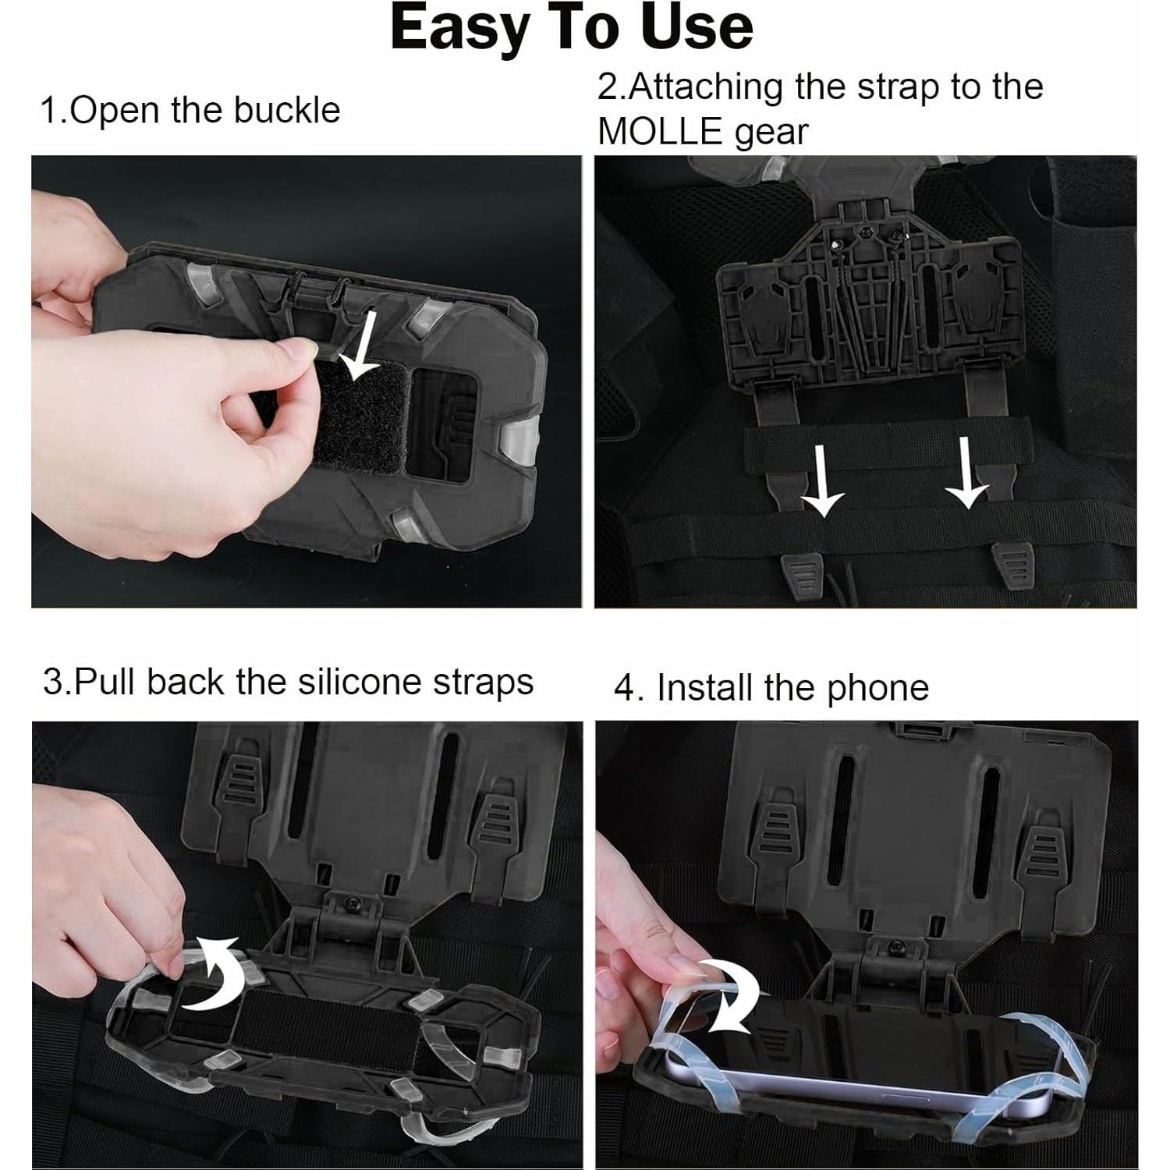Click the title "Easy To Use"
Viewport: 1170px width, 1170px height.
click(x=571, y=28)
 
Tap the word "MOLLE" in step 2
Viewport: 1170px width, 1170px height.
click(x=660, y=132)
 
